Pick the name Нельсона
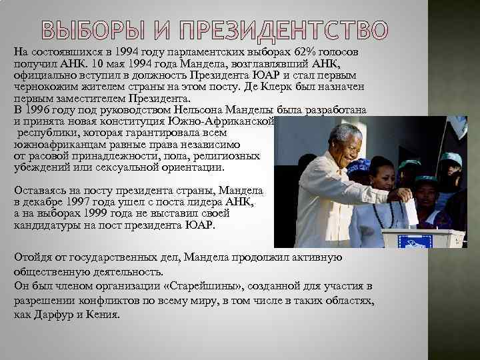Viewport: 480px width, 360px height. tap(200, 109)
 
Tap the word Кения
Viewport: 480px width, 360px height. tap(102, 314)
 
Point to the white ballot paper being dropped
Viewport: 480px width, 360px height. tap(411, 209)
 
